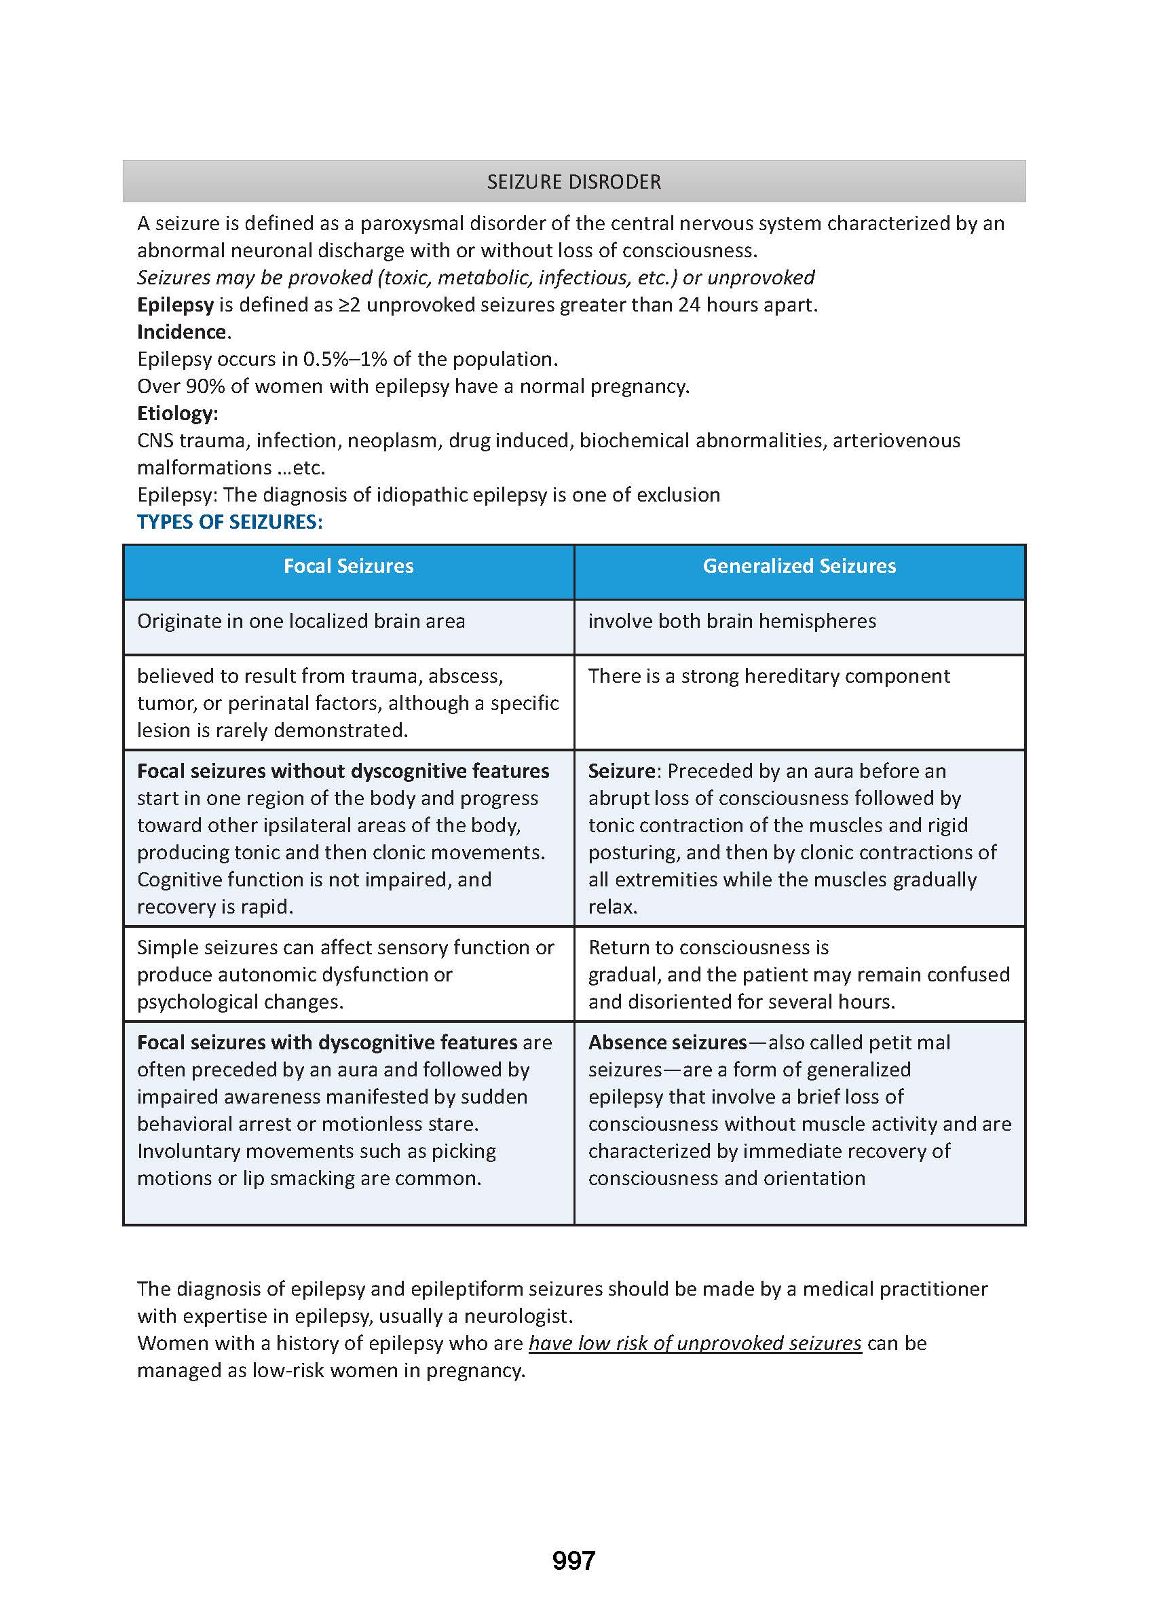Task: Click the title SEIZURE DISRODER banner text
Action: tap(573, 182)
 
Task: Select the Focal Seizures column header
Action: tap(348, 566)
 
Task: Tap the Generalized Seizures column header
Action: tap(799, 566)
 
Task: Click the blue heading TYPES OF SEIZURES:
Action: tap(230, 522)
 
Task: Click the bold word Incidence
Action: tap(183, 332)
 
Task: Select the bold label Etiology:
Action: tap(178, 413)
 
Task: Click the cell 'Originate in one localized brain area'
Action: tap(301, 621)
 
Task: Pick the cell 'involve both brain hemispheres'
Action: tap(732, 621)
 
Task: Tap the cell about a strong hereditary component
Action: tap(769, 677)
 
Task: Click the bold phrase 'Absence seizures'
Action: tap(667, 1043)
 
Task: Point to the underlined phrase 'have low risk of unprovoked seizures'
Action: tap(695, 1343)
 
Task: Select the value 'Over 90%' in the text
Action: tap(181, 386)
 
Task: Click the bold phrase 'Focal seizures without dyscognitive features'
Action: tap(343, 770)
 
